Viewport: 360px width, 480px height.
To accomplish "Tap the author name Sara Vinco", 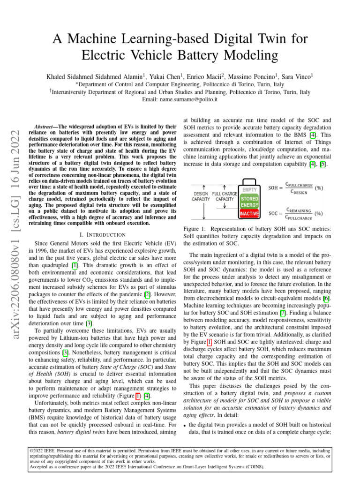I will pyautogui.click(x=297, y=75).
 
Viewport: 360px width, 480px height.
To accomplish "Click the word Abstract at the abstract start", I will pyautogui.click(x=45, y=127).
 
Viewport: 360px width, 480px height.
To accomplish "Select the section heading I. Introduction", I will pyautogui.click(x=105, y=234).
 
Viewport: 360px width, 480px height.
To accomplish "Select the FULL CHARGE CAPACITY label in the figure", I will pyautogui.click(x=225, y=196).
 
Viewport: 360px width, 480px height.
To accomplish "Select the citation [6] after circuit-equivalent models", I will pyautogui.click(x=327, y=298).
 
